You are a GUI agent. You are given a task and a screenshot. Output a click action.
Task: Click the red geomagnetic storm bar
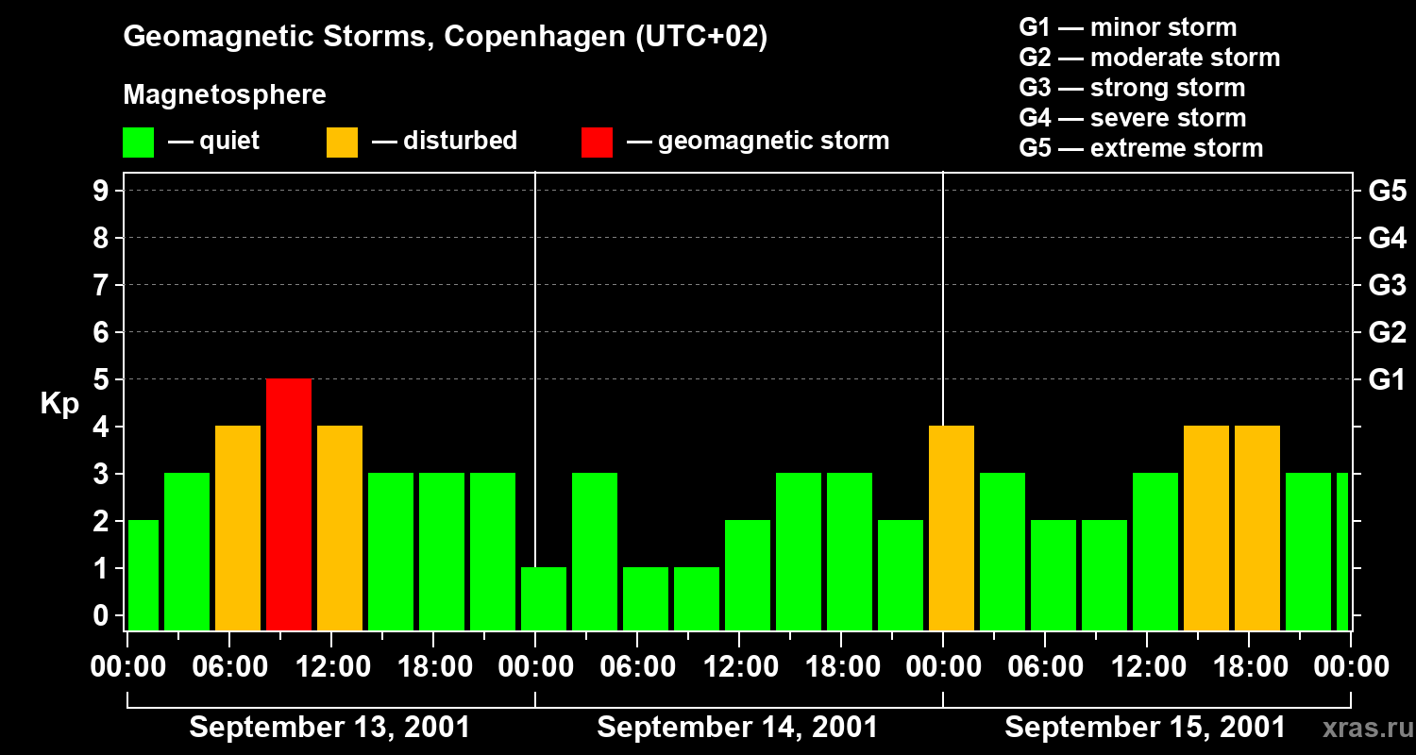tap(289, 504)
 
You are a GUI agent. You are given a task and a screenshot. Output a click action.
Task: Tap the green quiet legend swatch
tap(138, 142)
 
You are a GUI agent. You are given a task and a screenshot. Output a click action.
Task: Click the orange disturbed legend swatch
tap(342, 142)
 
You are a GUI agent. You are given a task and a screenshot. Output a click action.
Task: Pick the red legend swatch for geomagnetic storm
tap(597, 142)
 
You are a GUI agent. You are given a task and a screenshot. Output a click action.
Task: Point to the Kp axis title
tap(59, 404)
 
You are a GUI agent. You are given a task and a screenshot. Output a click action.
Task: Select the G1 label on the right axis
tap(1387, 379)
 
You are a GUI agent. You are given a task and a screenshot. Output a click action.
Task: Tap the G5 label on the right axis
tap(1387, 191)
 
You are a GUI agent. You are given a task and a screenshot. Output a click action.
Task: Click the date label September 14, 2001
tap(737, 728)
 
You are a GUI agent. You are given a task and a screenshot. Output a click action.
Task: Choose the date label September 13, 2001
tap(329, 728)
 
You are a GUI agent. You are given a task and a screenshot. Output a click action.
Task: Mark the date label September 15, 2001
tap(1144, 728)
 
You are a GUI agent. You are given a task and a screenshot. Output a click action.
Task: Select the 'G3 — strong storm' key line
tap(1132, 88)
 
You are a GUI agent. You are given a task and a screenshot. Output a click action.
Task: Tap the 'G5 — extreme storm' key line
tap(1140, 148)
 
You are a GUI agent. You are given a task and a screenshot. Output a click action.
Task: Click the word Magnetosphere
tap(225, 95)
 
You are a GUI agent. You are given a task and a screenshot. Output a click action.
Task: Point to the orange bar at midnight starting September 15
tap(952, 528)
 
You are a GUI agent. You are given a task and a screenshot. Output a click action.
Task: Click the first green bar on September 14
tap(544, 598)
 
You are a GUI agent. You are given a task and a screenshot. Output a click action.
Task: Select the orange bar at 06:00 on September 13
tap(238, 528)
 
